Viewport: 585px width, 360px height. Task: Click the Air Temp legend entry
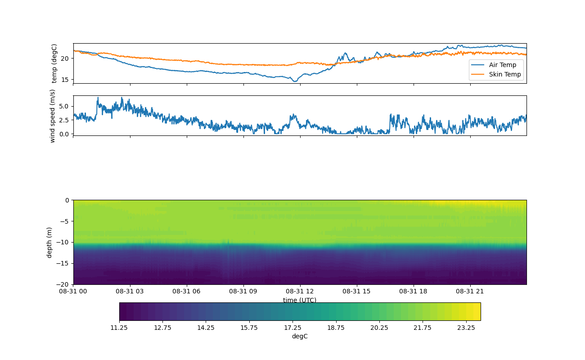503,65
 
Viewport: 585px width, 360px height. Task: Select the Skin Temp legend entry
505,74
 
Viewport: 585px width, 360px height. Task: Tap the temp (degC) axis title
54,63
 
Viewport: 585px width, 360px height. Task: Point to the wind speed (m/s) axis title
53,116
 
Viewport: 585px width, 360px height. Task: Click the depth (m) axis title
49,242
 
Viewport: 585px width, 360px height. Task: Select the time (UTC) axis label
300,300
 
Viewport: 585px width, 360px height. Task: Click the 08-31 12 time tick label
300,291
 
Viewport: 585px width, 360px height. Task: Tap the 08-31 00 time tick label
74,291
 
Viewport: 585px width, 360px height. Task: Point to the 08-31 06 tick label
187,291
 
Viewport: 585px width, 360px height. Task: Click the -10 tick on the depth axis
63,242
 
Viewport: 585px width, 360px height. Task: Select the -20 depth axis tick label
63,284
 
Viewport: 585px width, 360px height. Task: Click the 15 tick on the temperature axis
64,79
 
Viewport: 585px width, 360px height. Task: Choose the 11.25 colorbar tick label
119,328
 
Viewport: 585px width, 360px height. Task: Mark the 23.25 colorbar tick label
466,328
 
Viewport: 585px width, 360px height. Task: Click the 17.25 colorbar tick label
292,328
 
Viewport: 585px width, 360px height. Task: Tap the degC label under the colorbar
300,336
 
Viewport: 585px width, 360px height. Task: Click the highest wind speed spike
98,97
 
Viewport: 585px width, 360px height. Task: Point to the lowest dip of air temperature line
295,81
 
